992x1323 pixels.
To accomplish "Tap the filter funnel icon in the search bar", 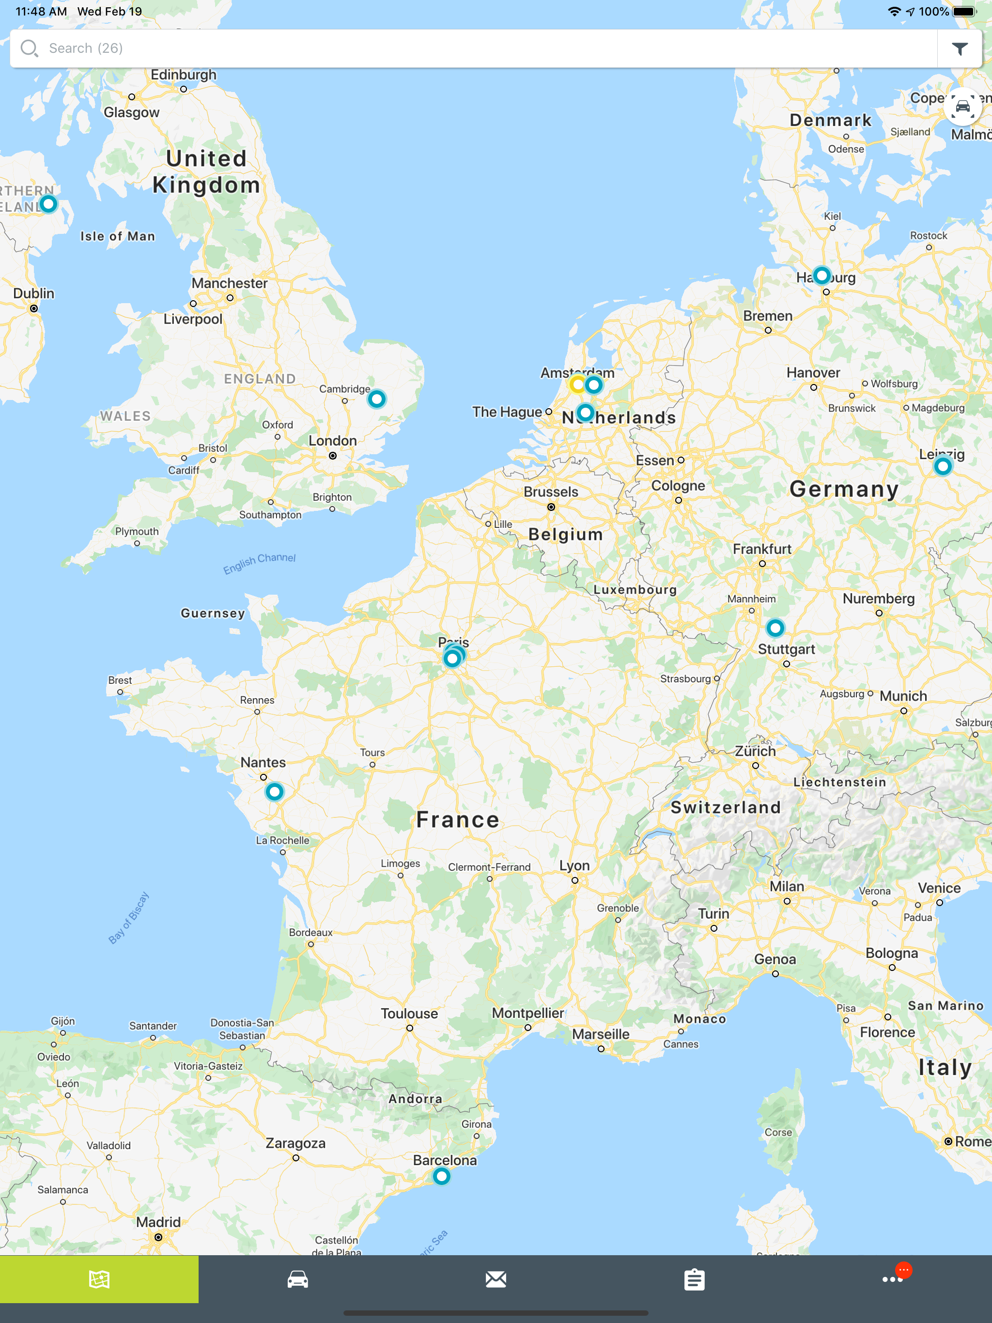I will [x=959, y=48].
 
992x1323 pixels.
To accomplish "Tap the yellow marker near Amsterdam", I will [x=577, y=384].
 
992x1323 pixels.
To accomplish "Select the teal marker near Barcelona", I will [x=442, y=1176].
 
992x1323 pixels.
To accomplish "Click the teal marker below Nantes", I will [x=275, y=792].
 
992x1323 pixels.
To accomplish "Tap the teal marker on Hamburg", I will [x=822, y=275].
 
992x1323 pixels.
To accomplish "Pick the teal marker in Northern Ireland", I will [x=48, y=204].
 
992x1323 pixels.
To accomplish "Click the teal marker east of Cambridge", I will [x=376, y=399].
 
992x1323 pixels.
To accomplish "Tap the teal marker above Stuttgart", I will [x=775, y=628].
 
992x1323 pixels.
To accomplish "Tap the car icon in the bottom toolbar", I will [x=297, y=1279].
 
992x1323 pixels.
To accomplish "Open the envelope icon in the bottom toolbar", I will [x=496, y=1279].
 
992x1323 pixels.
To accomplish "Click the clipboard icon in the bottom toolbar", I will [x=694, y=1279].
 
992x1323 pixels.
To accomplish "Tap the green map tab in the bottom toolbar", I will [x=99, y=1279].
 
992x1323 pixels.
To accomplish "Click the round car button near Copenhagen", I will [x=962, y=107].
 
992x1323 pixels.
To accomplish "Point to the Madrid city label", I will [x=158, y=1222].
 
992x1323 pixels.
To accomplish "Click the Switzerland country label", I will [x=725, y=807].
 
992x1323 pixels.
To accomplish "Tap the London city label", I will [x=333, y=441].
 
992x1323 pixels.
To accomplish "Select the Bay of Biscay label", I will [x=129, y=918].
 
